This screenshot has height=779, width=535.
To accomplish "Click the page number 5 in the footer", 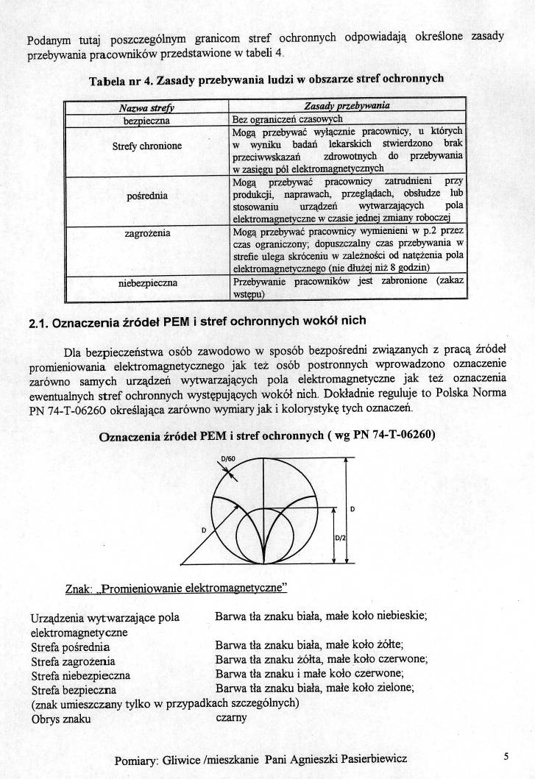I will pyautogui.click(x=506, y=755).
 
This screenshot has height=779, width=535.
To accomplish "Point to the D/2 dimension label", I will pyautogui.click(x=341, y=538).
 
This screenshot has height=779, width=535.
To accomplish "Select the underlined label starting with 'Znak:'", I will pyautogui.click(x=176, y=589).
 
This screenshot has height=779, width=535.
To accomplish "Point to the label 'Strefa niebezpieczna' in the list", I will pyautogui.click(x=81, y=675).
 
